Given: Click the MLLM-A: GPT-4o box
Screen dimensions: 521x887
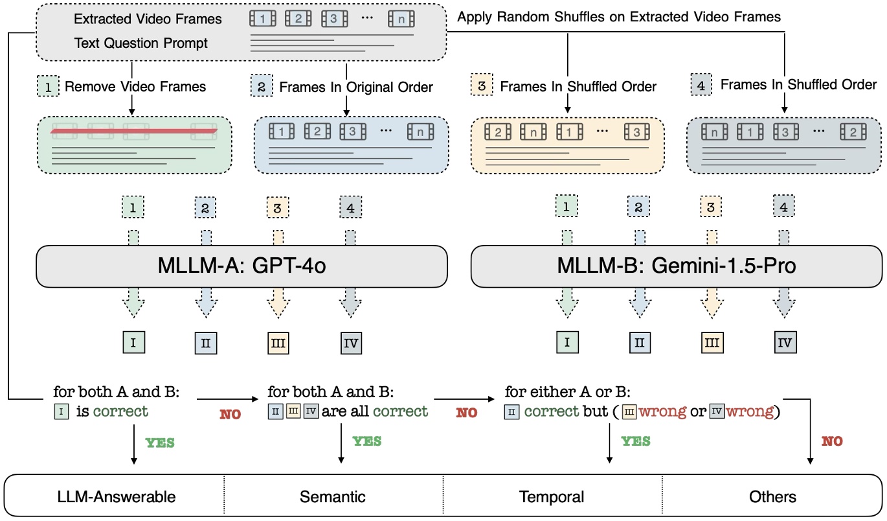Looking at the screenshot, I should pos(241,266).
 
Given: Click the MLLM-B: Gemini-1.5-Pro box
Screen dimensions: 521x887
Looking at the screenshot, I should pos(675,266).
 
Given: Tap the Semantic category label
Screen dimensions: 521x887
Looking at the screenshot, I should pos(333,497).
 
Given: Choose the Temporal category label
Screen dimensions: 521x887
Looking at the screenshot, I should pos(552,497).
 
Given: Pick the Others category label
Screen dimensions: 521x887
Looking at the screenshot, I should pos(773,497).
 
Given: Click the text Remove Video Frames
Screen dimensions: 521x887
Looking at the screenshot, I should pos(137,86).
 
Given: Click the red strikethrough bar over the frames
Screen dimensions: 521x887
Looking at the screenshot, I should pos(134,132).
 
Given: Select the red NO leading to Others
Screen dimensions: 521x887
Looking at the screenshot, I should pos(832,441).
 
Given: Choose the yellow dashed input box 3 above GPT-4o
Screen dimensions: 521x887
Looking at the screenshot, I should pos(278,209).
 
